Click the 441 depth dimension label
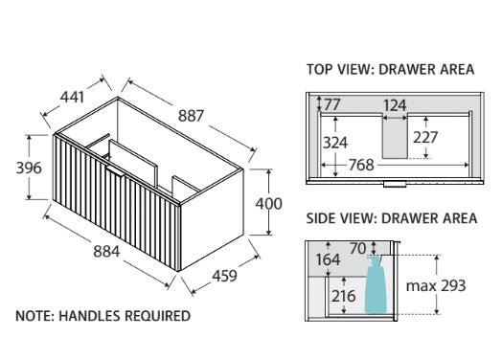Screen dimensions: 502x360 [73, 98]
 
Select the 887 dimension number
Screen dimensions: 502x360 [191, 116]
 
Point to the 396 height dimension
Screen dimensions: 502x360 [29, 168]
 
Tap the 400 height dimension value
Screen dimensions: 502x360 [268, 204]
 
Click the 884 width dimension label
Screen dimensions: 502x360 [106, 252]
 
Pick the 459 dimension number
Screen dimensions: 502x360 [225, 276]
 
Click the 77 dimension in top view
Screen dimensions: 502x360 [332, 104]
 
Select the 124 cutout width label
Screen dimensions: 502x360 [395, 105]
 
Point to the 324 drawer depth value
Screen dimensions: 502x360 [335, 143]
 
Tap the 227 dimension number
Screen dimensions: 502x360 [425, 138]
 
